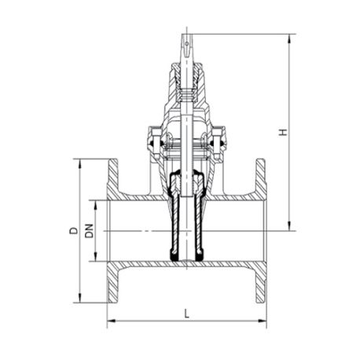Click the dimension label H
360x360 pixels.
283,132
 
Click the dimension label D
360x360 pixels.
74,230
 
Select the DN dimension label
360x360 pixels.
90,231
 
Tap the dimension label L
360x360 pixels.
186,314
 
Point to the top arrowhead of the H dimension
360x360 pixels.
289,39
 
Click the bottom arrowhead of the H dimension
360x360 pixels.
289,226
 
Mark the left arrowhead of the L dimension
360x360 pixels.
112,321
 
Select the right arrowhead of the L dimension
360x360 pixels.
262,321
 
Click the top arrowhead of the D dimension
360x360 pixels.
79,163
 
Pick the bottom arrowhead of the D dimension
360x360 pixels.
79,298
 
